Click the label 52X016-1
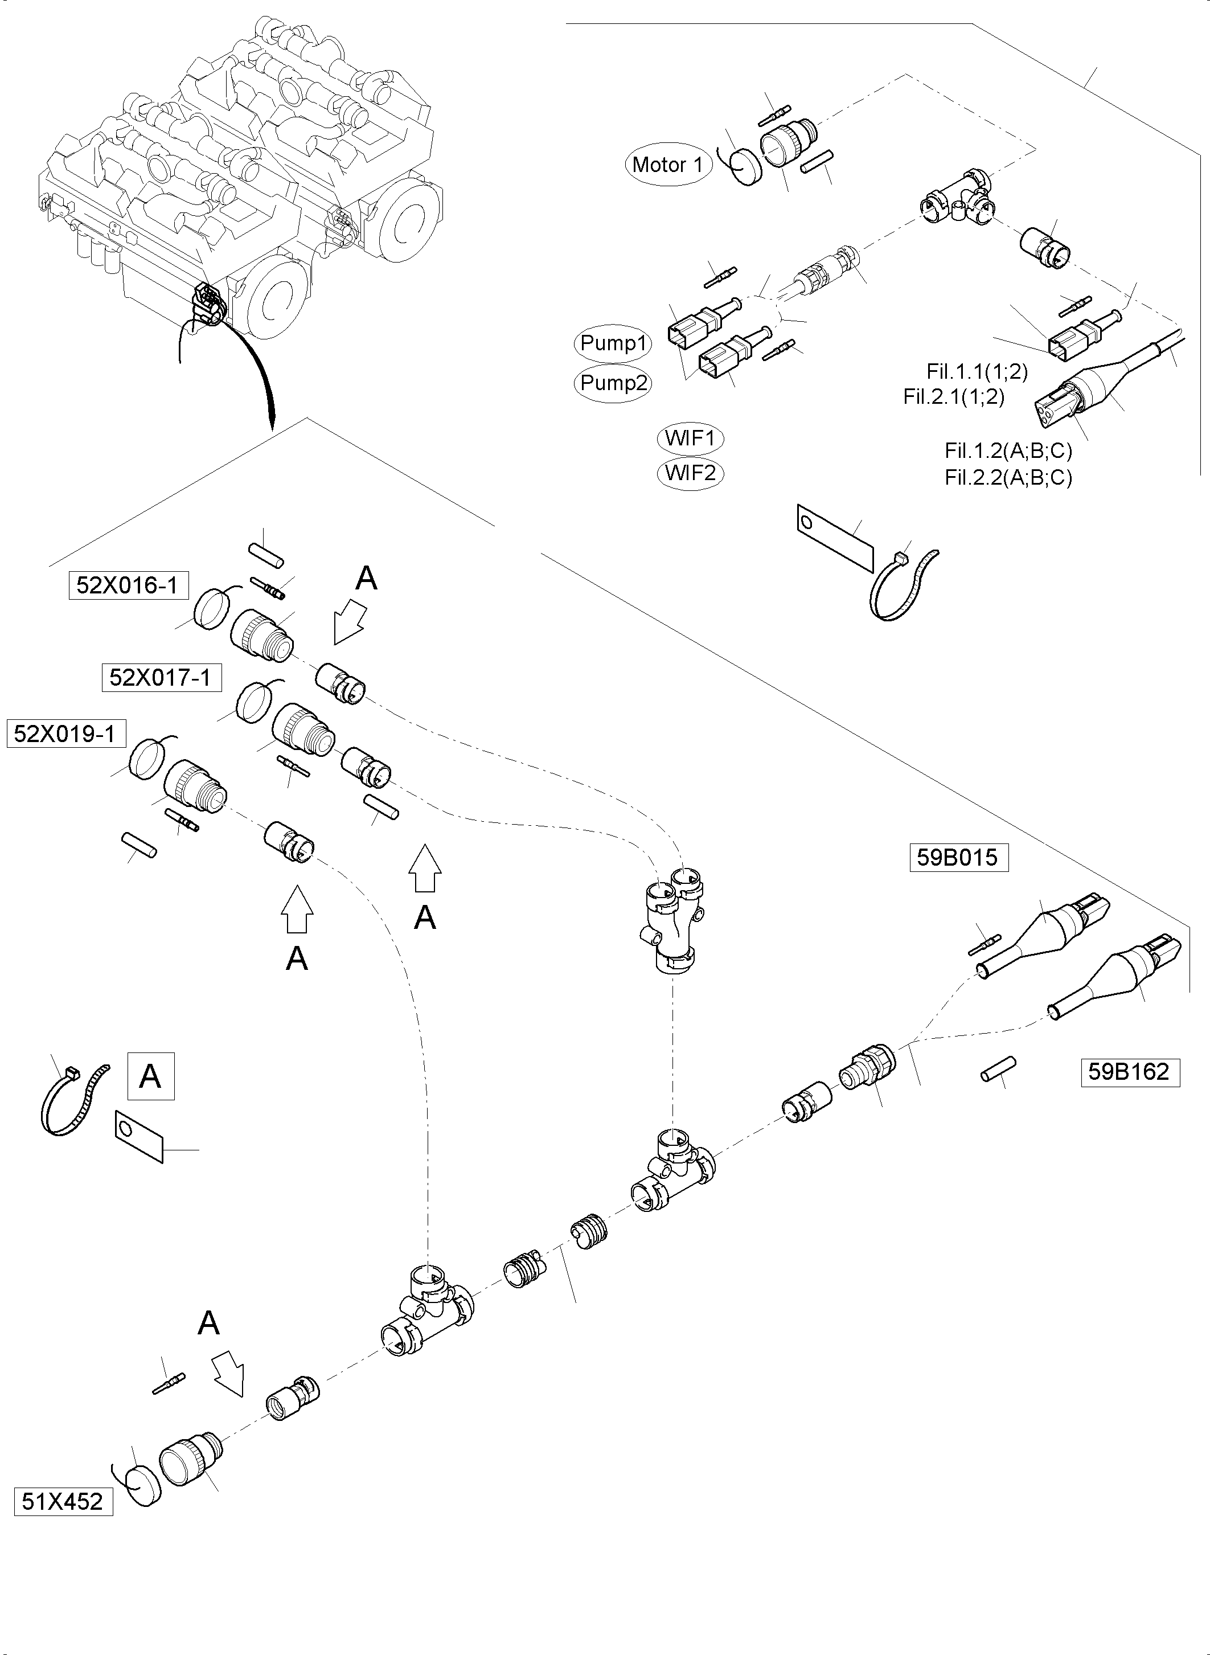(x=128, y=585)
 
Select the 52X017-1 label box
(x=161, y=677)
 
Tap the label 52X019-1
(x=65, y=734)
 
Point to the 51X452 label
(x=63, y=1502)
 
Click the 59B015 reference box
(x=958, y=857)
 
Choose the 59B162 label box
(x=1130, y=1072)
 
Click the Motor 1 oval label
(x=667, y=165)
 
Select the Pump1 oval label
(x=614, y=343)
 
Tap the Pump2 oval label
(x=614, y=383)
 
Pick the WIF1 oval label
(x=690, y=439)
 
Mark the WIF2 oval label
(x=690, y=473)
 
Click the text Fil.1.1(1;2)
(x=977, y=371)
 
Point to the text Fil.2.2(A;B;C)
(x=1008, y=478)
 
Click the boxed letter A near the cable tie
(x=151, y=1076)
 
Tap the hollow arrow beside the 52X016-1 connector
(x=350, y=621)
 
